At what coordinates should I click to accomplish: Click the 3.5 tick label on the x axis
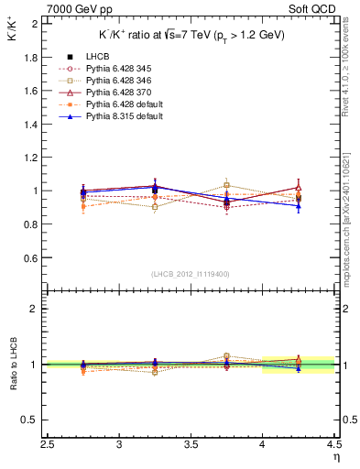191,444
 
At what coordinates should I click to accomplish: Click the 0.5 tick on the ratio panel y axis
30,420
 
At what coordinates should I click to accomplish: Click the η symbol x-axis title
336,455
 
